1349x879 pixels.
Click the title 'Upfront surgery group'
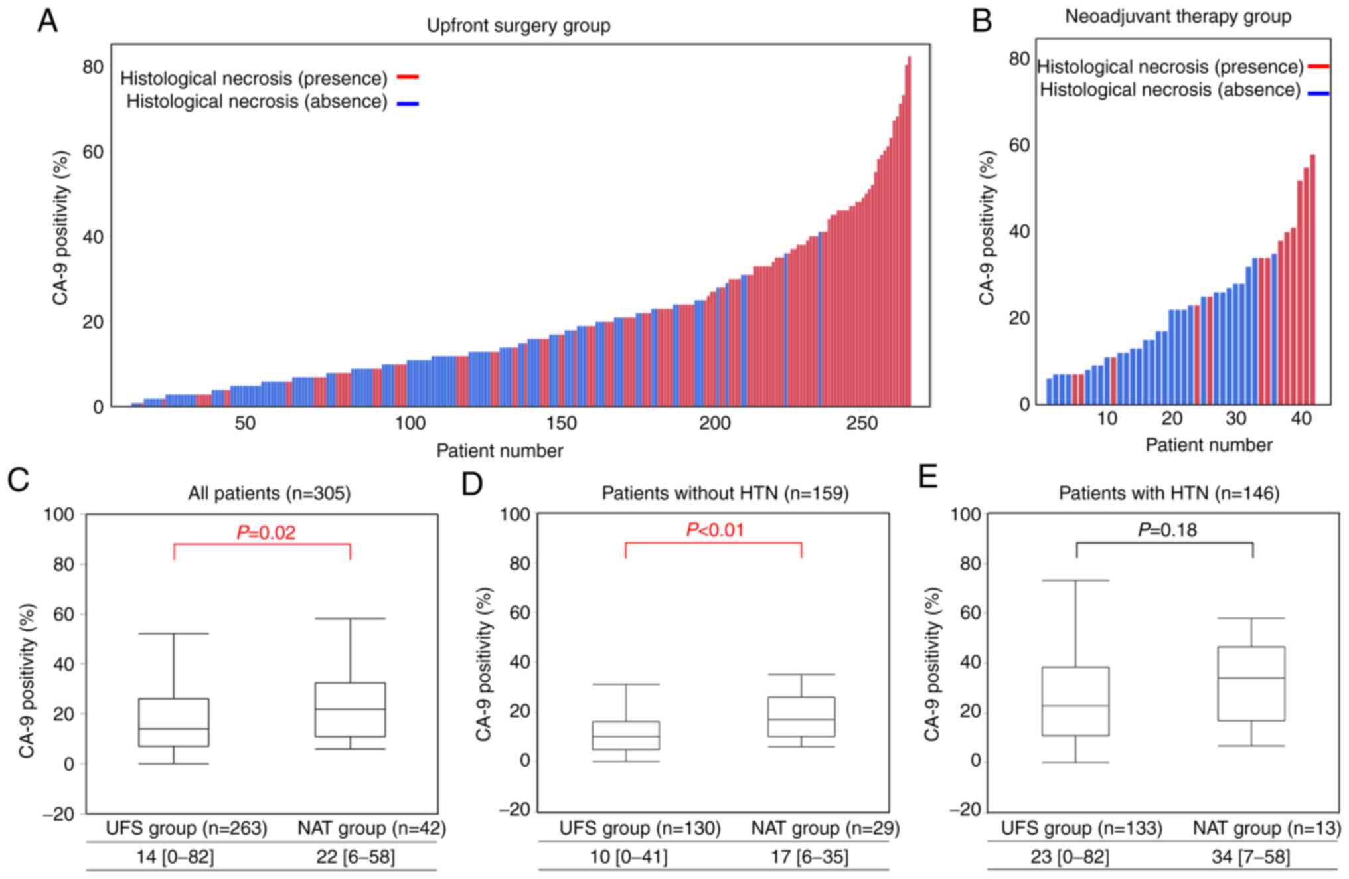click(x=518, y=26)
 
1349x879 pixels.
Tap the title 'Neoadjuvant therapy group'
click(x=1177, y=17)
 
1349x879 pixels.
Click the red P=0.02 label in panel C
click(x=266, y=532)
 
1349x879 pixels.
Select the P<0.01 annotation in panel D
click(x=714, y=530)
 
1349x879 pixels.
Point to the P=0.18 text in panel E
click(x=1167, y=530)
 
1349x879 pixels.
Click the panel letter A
click(x=47, y=21)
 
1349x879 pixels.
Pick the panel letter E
click(x=928, y=477)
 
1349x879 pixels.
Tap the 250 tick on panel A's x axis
click(x=862, y=423)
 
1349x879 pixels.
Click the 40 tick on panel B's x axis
click(x=1301, y=418)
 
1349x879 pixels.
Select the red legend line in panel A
click(x=408, y=78)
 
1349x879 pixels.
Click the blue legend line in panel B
click(x=1318, y=94)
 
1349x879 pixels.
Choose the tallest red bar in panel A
click(x=909, y=232)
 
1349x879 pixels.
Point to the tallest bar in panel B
click(x=1312, y=279)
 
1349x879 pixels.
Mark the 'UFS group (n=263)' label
click(x=187, y=828)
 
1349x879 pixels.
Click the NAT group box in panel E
click(x=1251, y=684)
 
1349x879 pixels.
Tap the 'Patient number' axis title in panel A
click(x=499, y=451)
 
